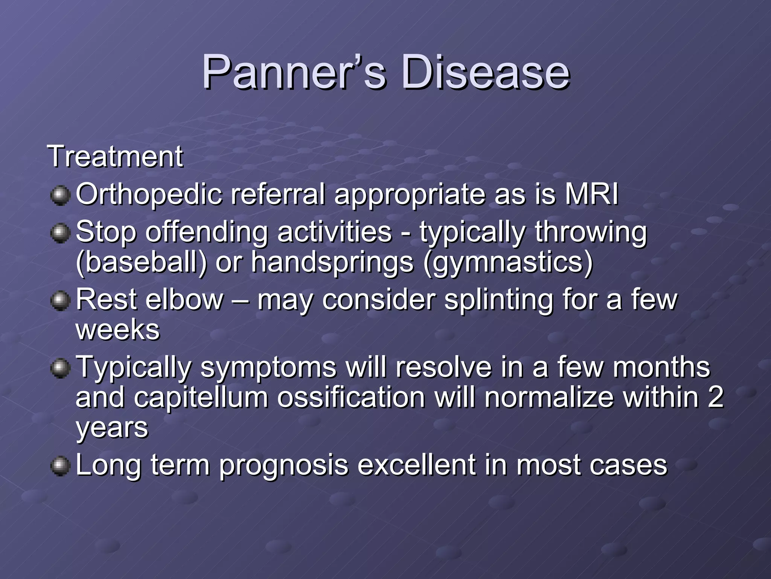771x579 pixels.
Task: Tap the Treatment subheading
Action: click(115, 156)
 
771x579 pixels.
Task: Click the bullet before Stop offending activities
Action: click(60, 233)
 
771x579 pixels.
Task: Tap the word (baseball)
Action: click(142, 262)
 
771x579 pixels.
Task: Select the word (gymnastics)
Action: click(508, 263)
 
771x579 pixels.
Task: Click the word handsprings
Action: click(332, 263)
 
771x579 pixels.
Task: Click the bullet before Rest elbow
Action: click(60, 301)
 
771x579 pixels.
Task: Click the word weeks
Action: click(118, 330)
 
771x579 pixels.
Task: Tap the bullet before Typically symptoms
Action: click(60, 368)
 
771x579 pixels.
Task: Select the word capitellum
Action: click(201, 398)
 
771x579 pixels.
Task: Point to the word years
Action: click(112, 428)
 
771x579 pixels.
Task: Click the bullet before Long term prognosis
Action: click(60, 466)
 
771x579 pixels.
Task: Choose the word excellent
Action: click(416, 465)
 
